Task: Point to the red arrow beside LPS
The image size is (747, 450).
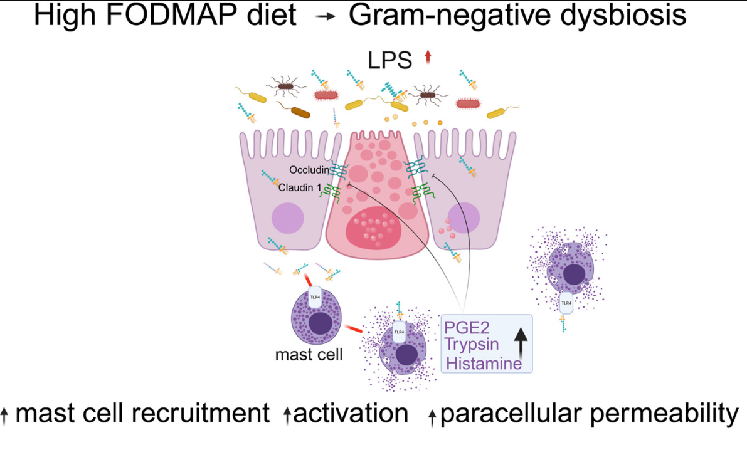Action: (428, 58)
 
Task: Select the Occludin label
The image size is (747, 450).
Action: (309, 170)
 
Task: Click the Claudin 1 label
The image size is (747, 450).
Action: (299, 187)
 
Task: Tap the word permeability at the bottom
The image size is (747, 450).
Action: (661, 414)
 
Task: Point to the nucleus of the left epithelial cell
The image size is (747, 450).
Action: (288, 219)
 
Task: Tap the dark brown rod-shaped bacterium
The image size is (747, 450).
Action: (302, 113)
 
